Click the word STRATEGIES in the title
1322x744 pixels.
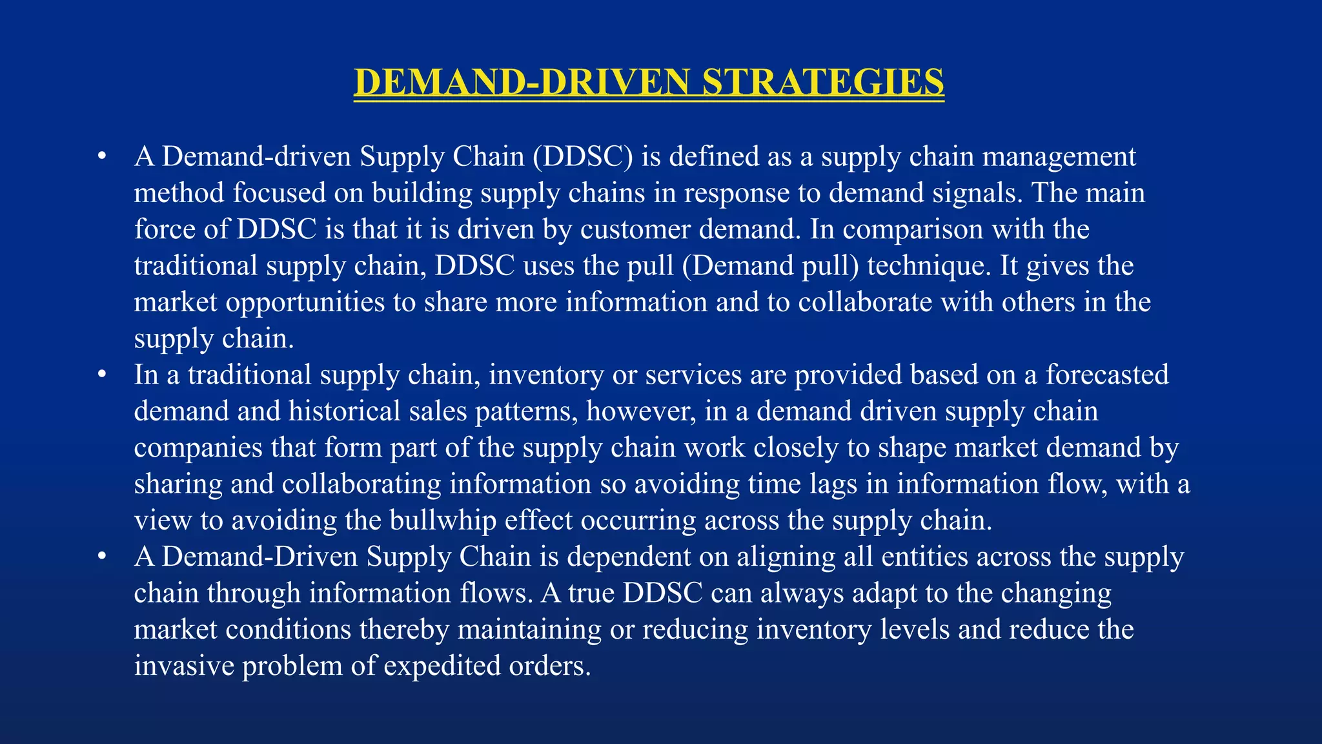822,83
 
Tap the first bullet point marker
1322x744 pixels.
101,157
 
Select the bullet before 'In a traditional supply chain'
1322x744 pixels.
101,375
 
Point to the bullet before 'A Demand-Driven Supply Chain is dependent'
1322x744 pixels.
101,557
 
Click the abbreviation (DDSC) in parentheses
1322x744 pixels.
583,157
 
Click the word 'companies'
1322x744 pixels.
198,448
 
